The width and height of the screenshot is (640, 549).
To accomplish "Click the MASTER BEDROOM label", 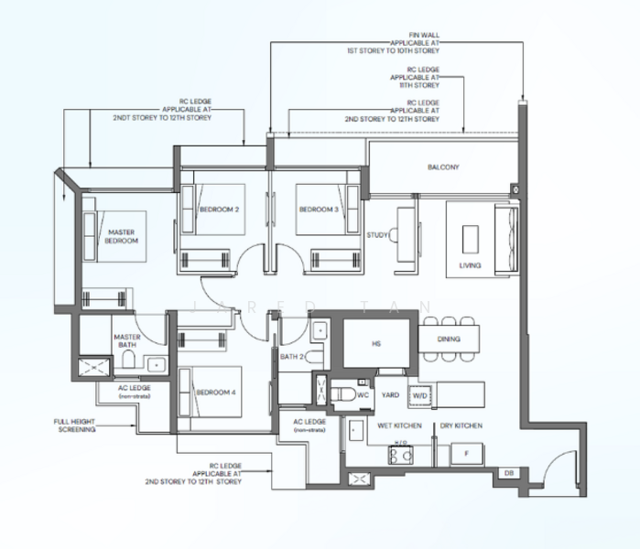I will coord(121,236).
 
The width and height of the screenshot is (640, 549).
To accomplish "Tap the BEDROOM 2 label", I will coord(219,210).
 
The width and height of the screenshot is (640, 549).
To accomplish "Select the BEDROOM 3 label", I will coord(318,210).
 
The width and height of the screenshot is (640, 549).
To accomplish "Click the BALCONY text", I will coord(443,167).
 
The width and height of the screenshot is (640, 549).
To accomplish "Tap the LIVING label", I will coord(470,267).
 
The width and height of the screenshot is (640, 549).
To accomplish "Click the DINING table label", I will coord(449,339).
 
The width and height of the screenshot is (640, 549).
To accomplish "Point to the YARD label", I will coord(390,395).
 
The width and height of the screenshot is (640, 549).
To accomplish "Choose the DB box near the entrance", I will coord(508,473).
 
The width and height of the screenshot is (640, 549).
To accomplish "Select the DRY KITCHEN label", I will coord(461,426).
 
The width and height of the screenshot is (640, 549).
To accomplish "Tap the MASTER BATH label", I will coord(126,339).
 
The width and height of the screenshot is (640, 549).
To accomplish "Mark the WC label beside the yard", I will coord(363,395).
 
